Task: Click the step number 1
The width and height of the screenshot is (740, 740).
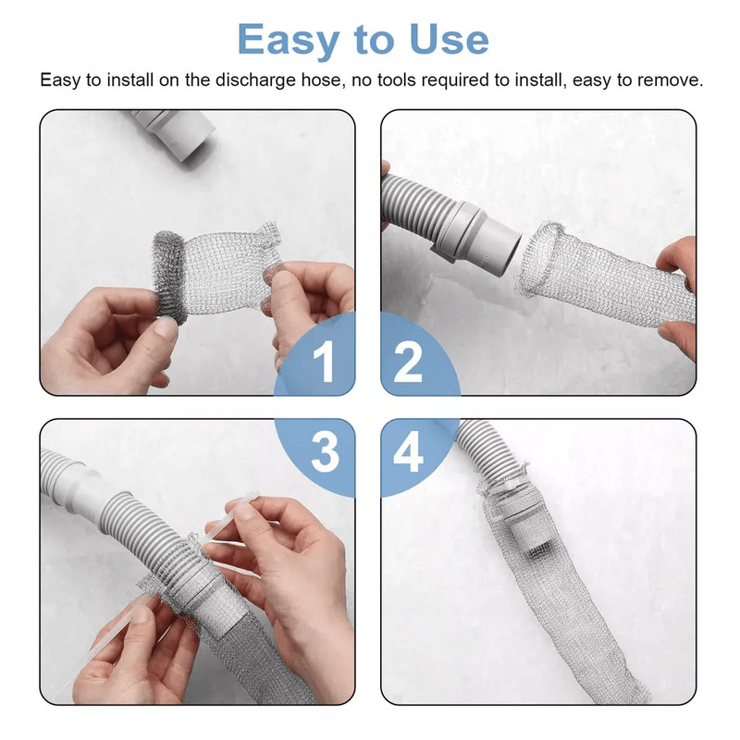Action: click(323, 363)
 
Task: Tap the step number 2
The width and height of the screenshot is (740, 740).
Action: click(408, 363)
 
